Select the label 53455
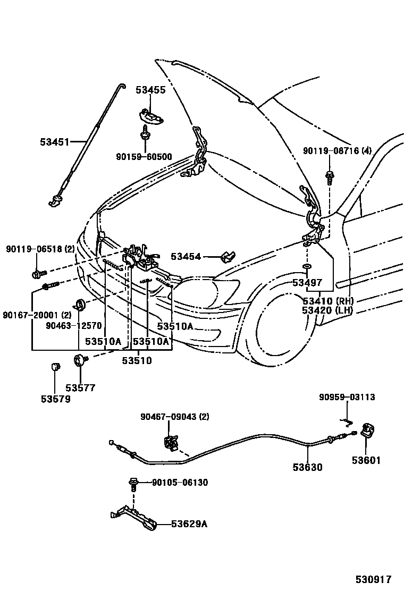[x=150, y=90]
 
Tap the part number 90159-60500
[x=144, y=156]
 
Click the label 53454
[x=186, y=257]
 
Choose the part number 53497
[x=307, y=282]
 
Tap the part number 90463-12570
[x=74, y=326]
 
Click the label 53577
[x=80, y=387]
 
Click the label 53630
[x=307, y=467]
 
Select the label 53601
[x=366, y=460]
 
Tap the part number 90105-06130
[x=180, y=483]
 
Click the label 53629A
[x=189, y=524]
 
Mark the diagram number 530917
[x=374, y=579]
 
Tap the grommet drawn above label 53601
[x=368, y=429]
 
